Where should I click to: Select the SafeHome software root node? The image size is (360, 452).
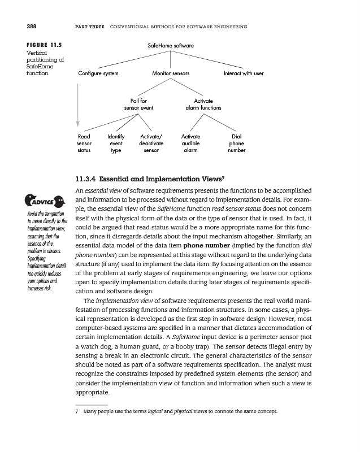(171, 45)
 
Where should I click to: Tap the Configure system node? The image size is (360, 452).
(98, 74)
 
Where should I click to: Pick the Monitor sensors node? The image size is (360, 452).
(171, 74)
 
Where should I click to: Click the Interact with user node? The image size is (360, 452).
(244, 74)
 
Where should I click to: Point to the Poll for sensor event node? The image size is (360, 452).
(139, 104)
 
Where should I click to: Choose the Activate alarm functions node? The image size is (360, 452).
(203, 104)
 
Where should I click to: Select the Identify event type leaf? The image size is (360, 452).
(116, 144)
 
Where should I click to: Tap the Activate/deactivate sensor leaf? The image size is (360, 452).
(151, 144)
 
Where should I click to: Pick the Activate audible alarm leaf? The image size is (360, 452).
(191, 144)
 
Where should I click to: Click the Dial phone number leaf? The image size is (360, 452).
(236, 144)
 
